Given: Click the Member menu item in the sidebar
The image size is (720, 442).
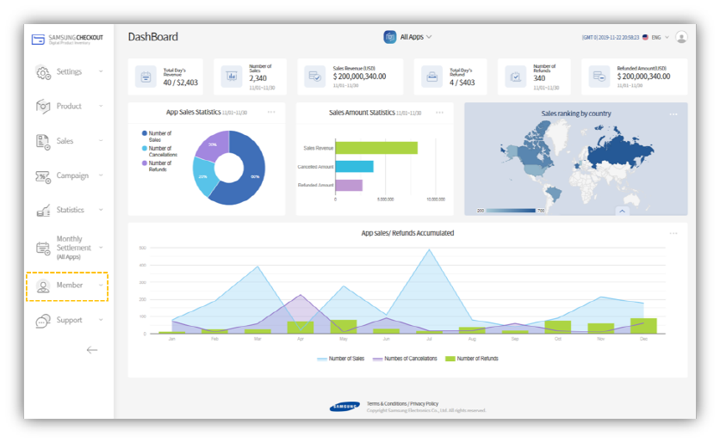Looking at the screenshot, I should click(x=69, y=285).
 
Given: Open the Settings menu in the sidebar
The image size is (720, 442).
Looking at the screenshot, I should click(x=69, y=72).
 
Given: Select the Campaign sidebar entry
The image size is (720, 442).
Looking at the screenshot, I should click(x=71, y=175).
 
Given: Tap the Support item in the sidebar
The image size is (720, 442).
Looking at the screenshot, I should click(x=69, y=320).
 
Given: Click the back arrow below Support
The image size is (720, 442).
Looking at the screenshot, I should click(x=92, y=350).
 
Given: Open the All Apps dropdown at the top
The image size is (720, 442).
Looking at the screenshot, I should click(x=408, y=37).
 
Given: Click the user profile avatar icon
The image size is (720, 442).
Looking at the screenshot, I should click(x=681, y=37).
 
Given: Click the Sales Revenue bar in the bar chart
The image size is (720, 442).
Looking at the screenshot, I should click(x=376, y=148).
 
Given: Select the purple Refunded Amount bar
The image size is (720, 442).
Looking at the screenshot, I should click(x=349, y=185).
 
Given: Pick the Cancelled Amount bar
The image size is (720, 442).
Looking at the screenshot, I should click(x=354, y=166).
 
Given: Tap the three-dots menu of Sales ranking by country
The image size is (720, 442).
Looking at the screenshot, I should click(x=673, y=114).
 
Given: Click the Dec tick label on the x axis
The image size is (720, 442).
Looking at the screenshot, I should click(x=643, y=340).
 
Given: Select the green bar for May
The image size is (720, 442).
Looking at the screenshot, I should click(x=343, y=327).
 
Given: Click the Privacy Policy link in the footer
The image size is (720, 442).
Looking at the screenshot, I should click(x=424, y=403).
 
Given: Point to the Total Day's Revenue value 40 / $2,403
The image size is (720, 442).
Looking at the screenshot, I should click(x=180, y=83).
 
